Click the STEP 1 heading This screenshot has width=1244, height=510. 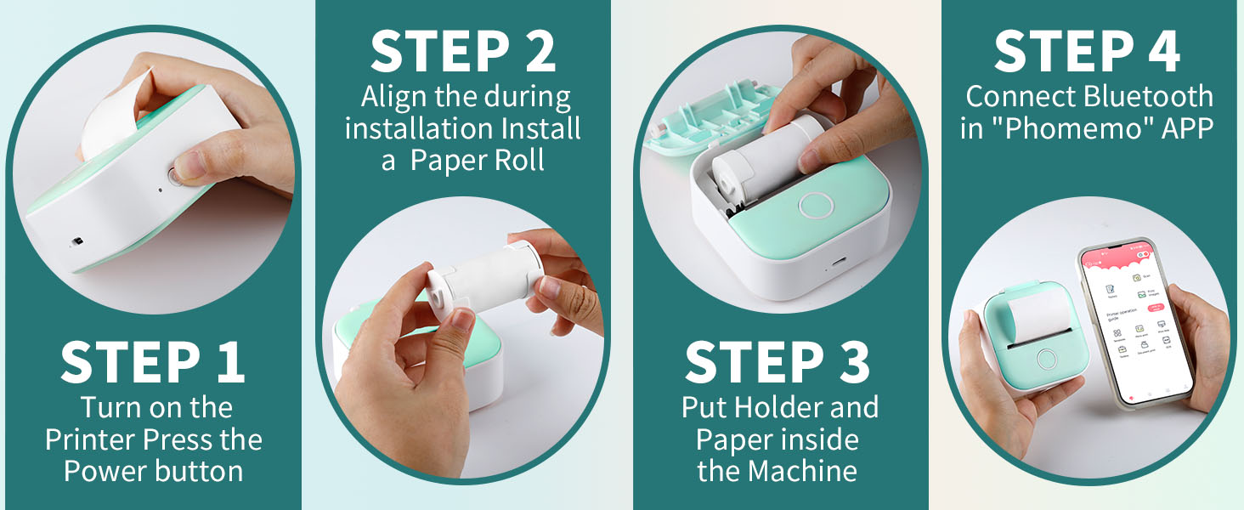point(153,362)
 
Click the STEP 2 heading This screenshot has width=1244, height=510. point(464,52)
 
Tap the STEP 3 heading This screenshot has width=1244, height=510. point(777,362)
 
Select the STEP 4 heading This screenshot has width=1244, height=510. point(1087,52)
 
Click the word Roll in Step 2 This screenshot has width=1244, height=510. point(519,161)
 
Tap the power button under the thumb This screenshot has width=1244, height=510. point(175,175)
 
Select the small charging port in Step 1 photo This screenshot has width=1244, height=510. point(76,241)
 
